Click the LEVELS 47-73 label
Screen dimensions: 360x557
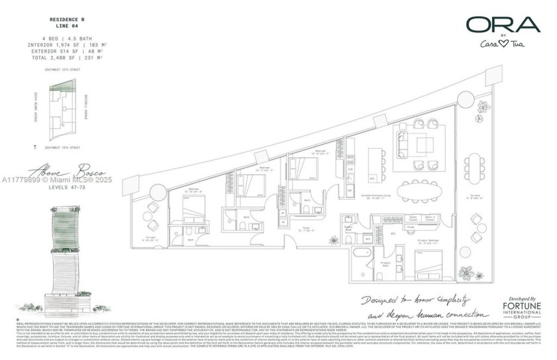pyautogui.click(x=70, y=188)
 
